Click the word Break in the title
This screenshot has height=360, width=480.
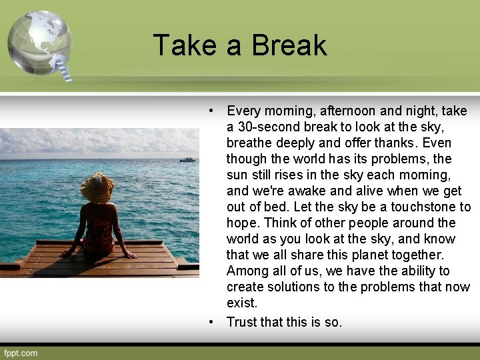(289, 45)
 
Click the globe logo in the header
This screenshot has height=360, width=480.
(39, 41)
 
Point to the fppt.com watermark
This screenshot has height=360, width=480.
(21, 353)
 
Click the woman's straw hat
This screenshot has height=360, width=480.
(97, 188)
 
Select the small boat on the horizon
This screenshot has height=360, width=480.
(187, 159)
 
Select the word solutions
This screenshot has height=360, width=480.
(299, 287)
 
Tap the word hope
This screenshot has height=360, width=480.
(241, 223)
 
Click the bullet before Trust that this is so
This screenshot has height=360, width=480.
(211, 322)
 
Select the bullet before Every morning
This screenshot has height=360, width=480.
(211, 111)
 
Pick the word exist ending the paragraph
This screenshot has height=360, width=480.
(241, 303)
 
